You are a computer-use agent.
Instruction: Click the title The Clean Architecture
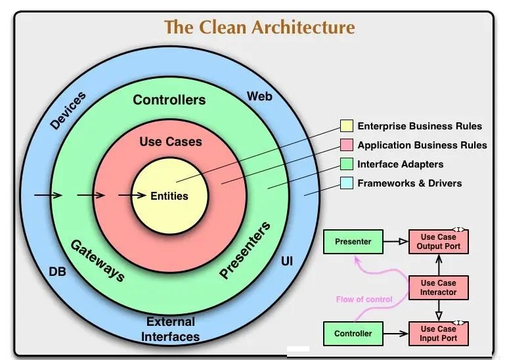click(x=259, y=27)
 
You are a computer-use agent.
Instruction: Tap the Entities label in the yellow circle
click(x=169, y=196)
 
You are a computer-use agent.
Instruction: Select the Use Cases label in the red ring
click(x=171, y=142)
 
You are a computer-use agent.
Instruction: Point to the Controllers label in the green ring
click(x=169, y=100)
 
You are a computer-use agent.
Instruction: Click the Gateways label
click(x=98, y=261)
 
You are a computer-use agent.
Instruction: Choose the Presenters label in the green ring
click(x=245, y=250)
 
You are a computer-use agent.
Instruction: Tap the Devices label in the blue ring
click(x=68, y=110)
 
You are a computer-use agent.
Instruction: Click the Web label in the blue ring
click(x=259, y=96)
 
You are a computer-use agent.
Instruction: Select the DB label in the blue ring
click(x=57, y=272)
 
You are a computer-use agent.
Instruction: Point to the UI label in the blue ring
click(x=287, y=261)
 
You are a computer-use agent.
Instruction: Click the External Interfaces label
click(x=170, y=329)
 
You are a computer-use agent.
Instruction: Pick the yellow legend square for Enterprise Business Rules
click(x=346, y=126)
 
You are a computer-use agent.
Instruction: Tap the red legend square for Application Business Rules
click(x=346, y=145)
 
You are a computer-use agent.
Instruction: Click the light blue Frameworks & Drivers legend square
click(x=346, y=183)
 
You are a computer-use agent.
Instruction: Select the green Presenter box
click(x=353, y=242)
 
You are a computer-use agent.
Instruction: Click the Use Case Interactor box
click(x=439, y=288)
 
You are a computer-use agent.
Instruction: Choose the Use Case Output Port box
click(x=439, y=242)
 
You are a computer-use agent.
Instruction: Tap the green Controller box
click(x=353, y=334)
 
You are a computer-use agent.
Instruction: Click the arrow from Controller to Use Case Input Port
click(x=396, y=334)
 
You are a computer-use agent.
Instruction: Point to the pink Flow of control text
click(x=364, y=300)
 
